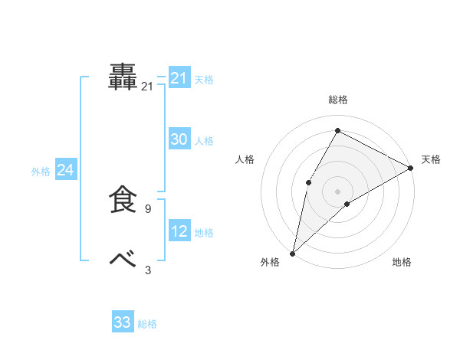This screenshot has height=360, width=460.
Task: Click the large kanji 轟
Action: point(123,77)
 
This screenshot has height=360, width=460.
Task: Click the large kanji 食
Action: point(123,200)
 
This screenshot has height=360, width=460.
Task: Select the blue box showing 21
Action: point(179,78)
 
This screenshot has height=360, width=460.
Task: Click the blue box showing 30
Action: point(179,139)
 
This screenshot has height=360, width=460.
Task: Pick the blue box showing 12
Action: point(179,231)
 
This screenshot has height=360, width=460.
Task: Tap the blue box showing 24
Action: point(66,170)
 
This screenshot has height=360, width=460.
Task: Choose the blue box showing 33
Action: point(123,322)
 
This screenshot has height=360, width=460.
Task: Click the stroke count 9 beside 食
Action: point(147,208)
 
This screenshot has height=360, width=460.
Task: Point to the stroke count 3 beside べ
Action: point(147,270)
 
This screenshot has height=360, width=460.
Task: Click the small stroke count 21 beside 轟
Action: point(147,87)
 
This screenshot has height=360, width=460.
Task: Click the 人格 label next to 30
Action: point(204,141)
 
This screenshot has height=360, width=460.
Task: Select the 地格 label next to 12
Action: point(204,233)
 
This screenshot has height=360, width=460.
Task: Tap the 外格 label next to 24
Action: point(41,172)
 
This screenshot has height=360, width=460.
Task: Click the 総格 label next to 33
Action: point(147,324)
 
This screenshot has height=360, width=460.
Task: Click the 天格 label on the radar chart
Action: point(431,159)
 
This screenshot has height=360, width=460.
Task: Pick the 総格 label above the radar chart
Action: point(337,100)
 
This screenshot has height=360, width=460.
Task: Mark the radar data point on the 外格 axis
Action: point(292,253)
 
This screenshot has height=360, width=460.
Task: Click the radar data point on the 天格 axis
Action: point(411,168)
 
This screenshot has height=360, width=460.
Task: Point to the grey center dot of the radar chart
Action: point(337,191)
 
